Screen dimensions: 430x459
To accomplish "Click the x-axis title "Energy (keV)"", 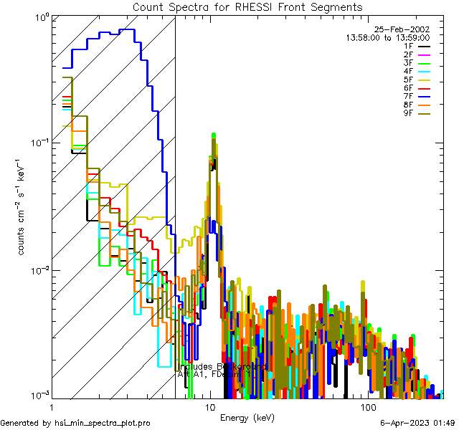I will tap(246, 417).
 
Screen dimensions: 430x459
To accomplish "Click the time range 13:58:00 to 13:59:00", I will tap(388, 37).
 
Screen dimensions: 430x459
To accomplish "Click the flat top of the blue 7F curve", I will tap(127, 30).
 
